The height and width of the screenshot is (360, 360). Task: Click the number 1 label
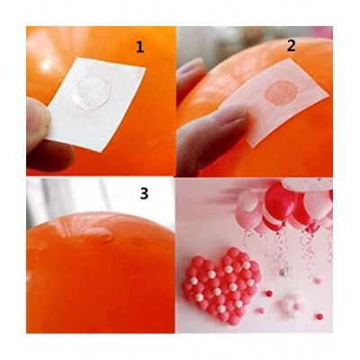pos(139,48)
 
